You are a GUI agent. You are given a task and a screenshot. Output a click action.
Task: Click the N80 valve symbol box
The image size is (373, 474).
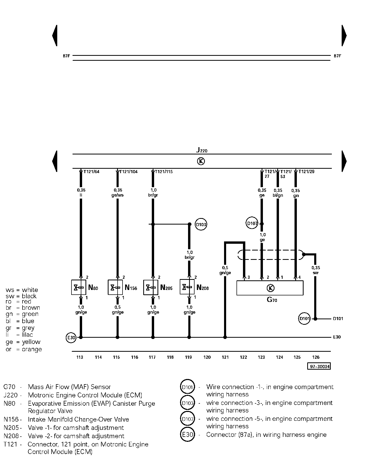click(x=78, y=287)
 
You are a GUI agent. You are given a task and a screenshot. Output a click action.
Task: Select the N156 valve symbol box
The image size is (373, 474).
click(x=115, y=287)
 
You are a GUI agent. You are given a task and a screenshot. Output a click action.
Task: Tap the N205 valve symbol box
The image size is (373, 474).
click(x=151, y=287)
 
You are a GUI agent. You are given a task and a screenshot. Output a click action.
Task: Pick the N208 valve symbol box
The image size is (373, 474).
click(x=187, y=287)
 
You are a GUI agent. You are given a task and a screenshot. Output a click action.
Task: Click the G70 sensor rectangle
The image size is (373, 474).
click(x=270, y=288)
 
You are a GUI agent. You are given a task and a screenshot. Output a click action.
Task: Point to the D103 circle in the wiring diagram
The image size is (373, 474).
click(x=201, y=225)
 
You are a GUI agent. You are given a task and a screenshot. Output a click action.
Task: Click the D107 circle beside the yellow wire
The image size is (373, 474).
click(x=252, y=223)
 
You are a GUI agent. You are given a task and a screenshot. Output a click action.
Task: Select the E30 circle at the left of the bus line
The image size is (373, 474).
click(x=71, y=338)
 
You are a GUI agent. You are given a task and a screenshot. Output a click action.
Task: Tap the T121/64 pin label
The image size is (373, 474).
click(x=91, y=172)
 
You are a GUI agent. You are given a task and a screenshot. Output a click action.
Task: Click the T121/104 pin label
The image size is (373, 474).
click(x=129, y=172)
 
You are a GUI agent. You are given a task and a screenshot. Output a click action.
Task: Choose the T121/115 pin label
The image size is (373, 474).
click(x=164, y=172)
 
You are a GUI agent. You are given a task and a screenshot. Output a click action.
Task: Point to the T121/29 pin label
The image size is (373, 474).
click(x=306, y=172)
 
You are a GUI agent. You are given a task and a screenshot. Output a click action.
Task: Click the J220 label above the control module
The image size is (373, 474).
click(x=202, y=150)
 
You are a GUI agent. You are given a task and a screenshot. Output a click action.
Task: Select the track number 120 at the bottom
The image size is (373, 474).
click(x=207, y=357)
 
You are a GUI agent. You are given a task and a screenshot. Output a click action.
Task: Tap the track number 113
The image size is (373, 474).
click(x=80, y=357)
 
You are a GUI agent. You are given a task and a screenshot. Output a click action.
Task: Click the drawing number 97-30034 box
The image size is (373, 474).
click(x=319, y=366)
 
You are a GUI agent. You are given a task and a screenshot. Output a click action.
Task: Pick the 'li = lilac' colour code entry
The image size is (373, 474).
click(x=19, y=335)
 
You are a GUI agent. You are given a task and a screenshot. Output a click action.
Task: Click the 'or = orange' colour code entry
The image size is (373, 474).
click(x=24, y=349)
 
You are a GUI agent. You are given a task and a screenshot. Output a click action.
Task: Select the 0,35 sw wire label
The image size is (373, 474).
click(x=315, y=270)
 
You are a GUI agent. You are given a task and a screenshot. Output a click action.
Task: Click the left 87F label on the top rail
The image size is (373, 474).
click(x=67, y=56)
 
